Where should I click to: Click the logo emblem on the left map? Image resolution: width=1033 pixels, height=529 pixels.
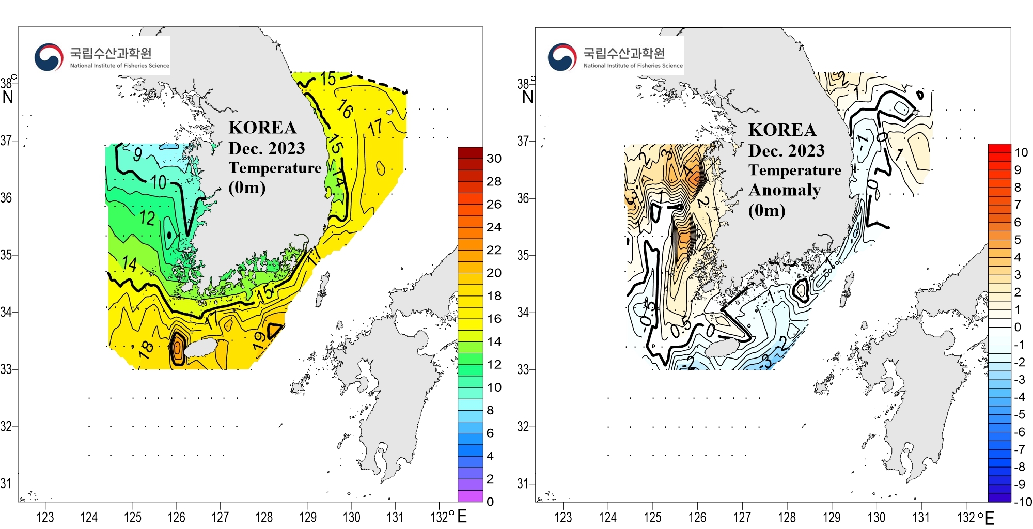(49, 57)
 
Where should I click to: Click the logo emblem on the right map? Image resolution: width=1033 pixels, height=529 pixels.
(562, 57)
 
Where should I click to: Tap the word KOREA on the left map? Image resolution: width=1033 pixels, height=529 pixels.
(262, 128)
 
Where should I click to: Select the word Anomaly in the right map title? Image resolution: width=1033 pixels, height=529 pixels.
(785, 190)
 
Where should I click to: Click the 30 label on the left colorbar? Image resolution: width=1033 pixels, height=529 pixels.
(494, 159)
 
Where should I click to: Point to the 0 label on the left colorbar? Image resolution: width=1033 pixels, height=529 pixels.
(490, 502)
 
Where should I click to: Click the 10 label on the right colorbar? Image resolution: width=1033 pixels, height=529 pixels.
(1021, 152)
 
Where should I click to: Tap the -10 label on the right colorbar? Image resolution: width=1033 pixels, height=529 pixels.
(1023, 502)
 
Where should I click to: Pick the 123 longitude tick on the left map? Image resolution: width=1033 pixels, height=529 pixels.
(45, 517)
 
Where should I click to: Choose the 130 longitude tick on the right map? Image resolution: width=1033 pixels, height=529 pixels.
(876, 517)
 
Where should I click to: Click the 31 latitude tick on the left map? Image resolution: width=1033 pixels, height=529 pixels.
(6, 484)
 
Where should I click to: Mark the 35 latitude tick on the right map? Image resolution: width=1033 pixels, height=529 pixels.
(523, 255)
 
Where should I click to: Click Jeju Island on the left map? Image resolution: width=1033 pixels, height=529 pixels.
(201, 348)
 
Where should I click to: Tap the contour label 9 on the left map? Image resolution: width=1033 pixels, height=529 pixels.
(137, 154)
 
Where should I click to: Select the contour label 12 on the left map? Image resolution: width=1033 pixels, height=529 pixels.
(147, 218)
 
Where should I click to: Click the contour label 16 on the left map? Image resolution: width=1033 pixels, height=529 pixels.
(345, 109)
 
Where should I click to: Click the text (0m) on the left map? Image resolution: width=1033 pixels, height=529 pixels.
(247, 187)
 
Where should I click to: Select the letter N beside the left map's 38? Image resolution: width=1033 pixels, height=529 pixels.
(8, 97)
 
